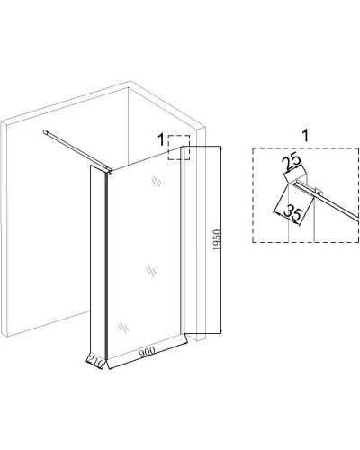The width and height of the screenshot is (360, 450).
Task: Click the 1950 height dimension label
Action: pyautogui.click(x=216, y=240)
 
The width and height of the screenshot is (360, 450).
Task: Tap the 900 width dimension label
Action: pyautogui.click(x=148, y=352)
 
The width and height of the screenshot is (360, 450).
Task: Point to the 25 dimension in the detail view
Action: pyautogui.click(x=291, y=160)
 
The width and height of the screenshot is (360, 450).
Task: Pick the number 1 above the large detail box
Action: pyautogui.click(x=305, y=136)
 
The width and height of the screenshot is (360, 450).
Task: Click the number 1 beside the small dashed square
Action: pyautogui.click(x=161, y=139)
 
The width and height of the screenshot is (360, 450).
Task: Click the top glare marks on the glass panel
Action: pyautogui.click(x=157, y=181)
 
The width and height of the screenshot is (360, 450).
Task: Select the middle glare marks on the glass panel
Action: pyautogui.click(x=151, y=271)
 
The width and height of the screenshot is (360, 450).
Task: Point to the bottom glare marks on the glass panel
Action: pyautogui.click(x=123, y=327)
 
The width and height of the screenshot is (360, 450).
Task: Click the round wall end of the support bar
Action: pyautogui.click(x=45, y=131)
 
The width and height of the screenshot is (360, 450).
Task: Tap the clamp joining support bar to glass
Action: pyautogui.click(x=109, y=171)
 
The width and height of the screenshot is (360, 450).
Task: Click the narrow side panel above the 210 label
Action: pyautogui.click(x=98, y=258)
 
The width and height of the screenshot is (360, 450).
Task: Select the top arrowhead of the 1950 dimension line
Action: pyautogui.click(x=220, y=148)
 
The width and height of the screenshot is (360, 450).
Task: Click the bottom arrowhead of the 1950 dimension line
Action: pyautogui.click(x=220, y=330)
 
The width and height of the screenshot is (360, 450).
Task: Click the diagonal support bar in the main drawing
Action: pyautogui.click(x=77, y=150)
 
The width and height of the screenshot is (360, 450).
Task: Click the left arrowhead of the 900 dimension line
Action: pyautogui.click(x=110, y=366)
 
